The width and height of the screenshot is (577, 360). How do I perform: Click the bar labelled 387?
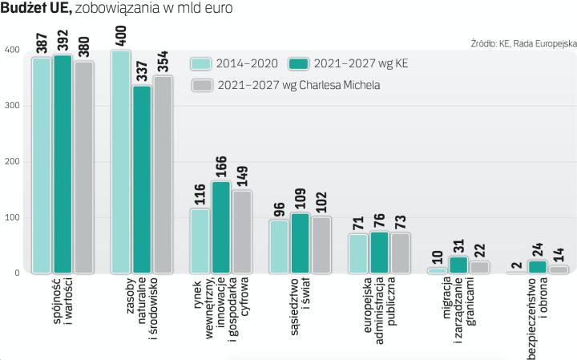42,166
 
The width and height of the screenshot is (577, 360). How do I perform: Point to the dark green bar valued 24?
538,267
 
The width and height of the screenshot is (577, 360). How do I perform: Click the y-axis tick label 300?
12,106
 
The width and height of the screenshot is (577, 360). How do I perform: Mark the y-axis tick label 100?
12,217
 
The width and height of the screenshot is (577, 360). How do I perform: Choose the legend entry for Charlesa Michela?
297,85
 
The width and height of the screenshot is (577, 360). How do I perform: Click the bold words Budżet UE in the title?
36,9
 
